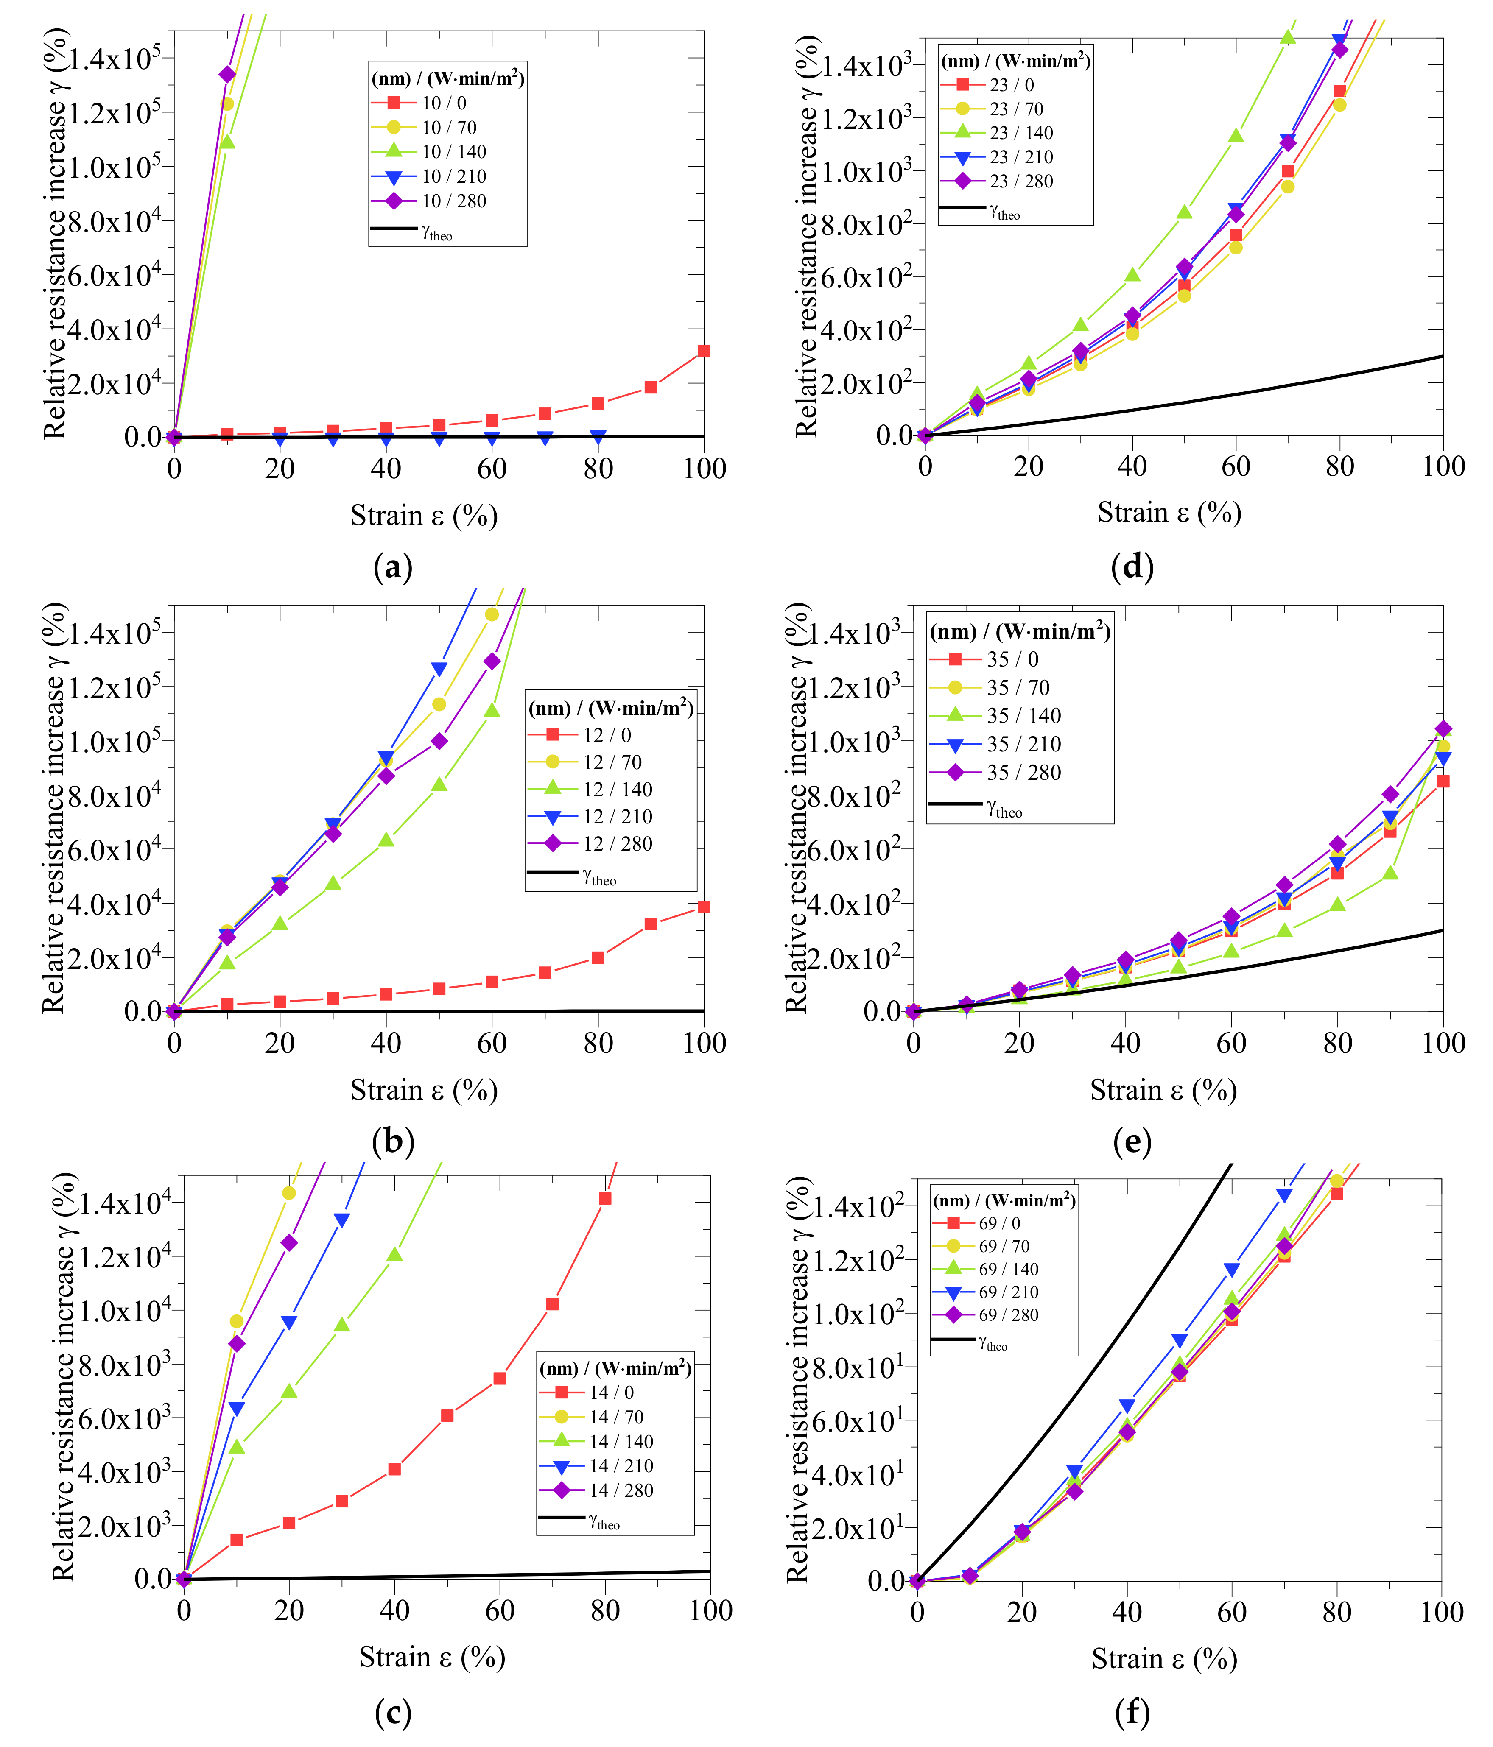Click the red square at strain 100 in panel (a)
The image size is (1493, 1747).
point(704,351)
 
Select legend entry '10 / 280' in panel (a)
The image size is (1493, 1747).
point(454,201)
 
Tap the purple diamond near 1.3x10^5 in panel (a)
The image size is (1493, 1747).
point(227,74)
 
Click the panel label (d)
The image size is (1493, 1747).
point(1132,567)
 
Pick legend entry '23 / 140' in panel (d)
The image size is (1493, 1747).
point(1020,132)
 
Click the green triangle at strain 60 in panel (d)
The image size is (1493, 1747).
point(1236,136)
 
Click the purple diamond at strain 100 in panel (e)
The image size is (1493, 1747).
point(1443,728)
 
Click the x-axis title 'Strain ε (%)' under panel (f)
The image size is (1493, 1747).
point(1164,1658)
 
